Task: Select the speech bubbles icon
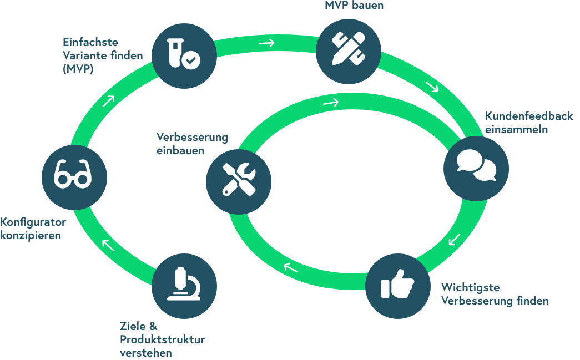pyautogui.click(x=476, y=168)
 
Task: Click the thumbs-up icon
pyautogui.click(x=397, y=286)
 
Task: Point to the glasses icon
pyautogui.click(x=74, y=176)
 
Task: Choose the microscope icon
pyautogui.click(x=184, y=286)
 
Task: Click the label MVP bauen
pyautogui.click(x=354, y=6)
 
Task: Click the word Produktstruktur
pyautogui.click(x=163, y=339)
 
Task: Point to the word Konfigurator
pyautogui.click(x=33, y=222)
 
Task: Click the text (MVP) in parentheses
pyautogui.click(x=78, y=70)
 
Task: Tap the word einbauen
pyautogui.click(x=180, y=150)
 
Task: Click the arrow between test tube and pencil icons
pyautogui.click(x=266, y=43)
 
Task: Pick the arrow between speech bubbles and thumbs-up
pyautogui.click(x=455, y=240)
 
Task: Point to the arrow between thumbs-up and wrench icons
pyautogui.click(x=290, y=268)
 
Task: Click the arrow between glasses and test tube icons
pyautogui.click(x=108, y=100)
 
